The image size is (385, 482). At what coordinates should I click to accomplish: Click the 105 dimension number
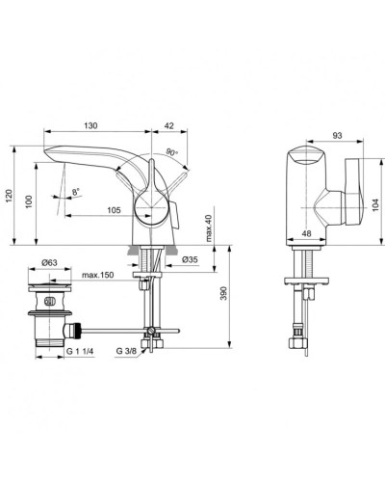(x=113, y=210)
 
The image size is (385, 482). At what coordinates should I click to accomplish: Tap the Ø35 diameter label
(x=189, y=260)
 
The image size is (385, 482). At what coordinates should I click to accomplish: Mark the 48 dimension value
(x=305, y=232)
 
